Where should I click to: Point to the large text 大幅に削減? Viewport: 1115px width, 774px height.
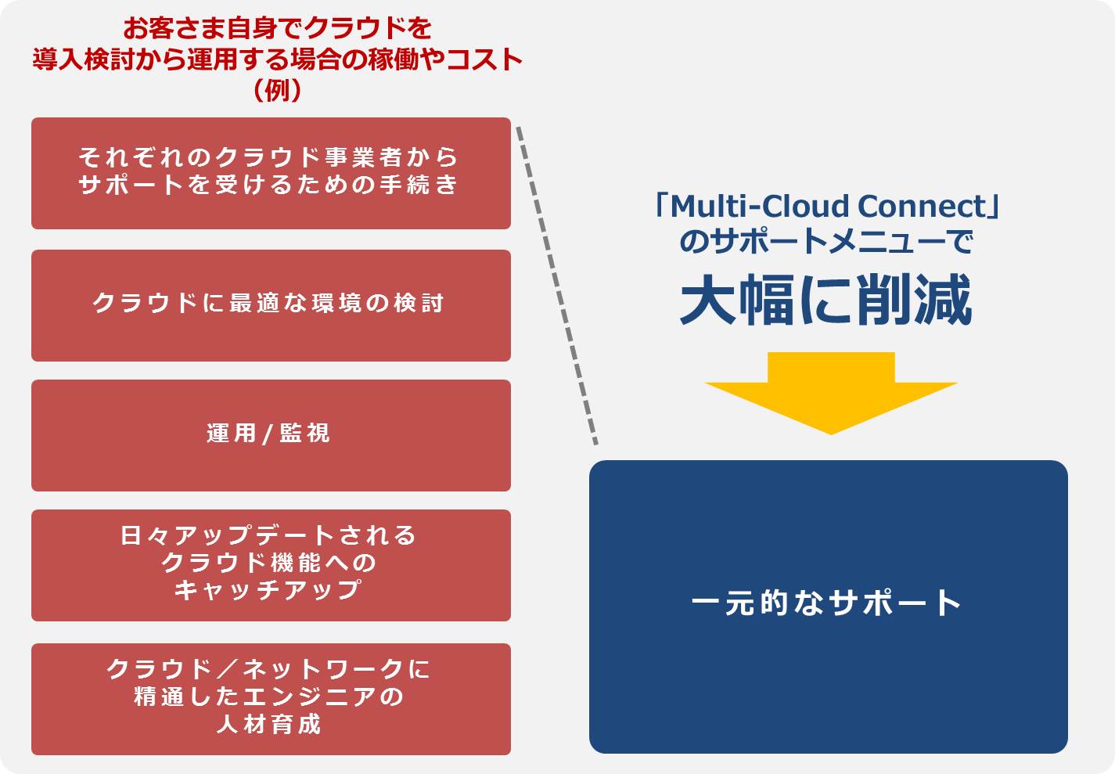(826, 301)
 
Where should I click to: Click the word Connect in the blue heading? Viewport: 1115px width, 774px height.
(922, 207)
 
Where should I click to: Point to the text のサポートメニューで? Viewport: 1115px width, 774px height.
(826, 241)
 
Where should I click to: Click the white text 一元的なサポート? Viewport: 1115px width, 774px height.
(826, 603)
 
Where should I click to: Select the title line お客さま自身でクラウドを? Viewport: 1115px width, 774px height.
(278, 28)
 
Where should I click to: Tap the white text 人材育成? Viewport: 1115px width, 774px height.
(269, 724)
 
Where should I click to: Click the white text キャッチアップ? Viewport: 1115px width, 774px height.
(269, 589)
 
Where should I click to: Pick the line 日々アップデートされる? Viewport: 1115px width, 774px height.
(269, 535)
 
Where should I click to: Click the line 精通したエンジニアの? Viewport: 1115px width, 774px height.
(269, 697)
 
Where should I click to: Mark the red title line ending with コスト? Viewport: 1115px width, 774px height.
(278, 59)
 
